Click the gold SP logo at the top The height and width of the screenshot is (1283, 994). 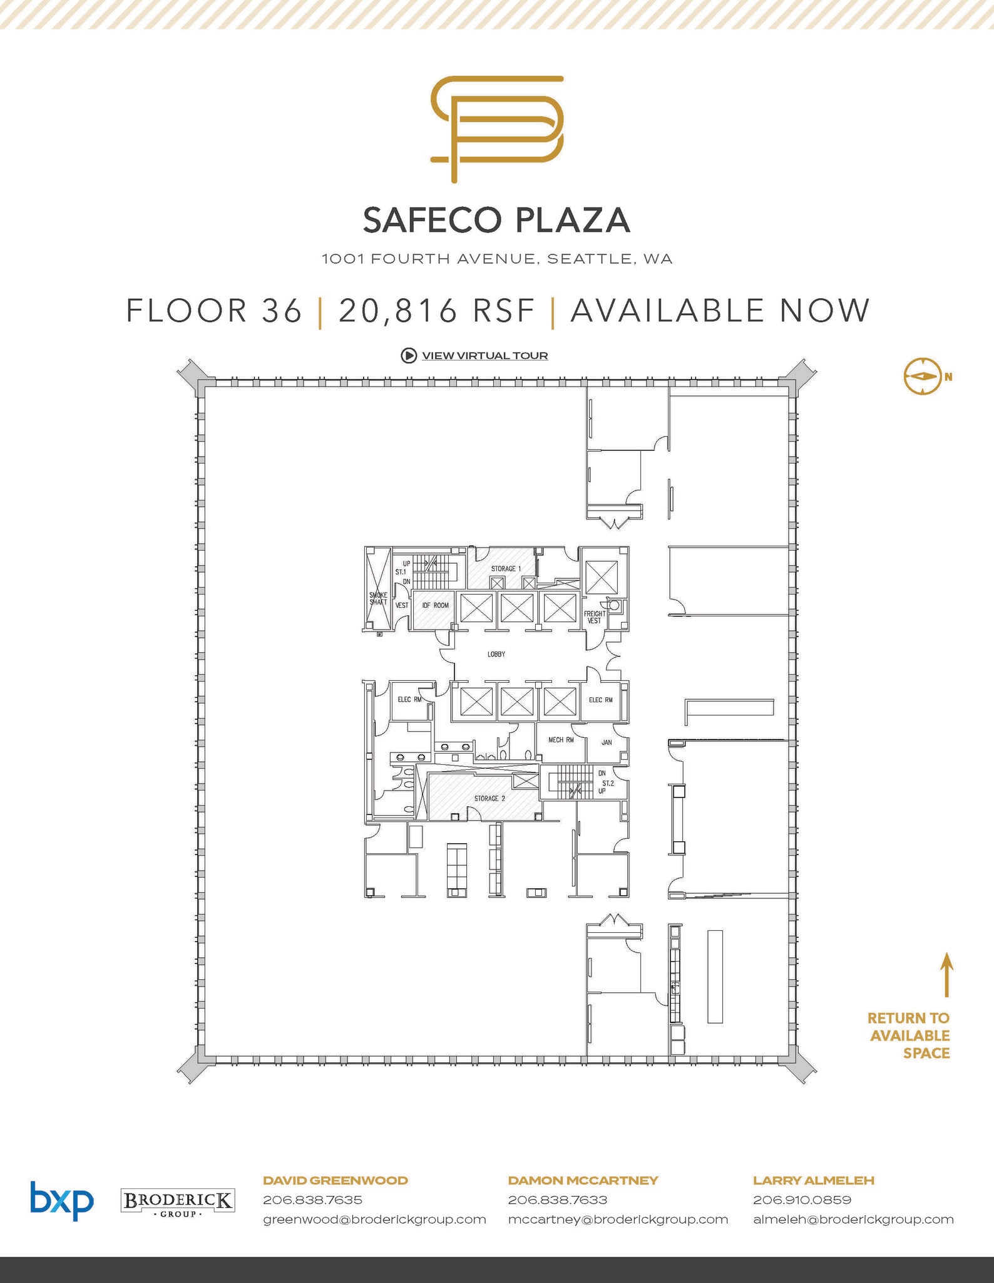point(498,128)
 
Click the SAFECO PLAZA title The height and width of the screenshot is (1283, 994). point(496,220)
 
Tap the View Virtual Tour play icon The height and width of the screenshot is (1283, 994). point(408,356)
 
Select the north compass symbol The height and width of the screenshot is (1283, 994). point(922,377)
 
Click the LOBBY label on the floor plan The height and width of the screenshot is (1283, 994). point(496,654)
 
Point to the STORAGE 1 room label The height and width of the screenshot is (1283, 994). point(506,569)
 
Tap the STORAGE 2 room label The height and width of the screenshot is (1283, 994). point(489,799)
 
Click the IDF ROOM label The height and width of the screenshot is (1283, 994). point(436,605)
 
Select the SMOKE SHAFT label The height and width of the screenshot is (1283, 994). point(378,598)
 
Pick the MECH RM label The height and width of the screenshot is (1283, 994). point(561,740)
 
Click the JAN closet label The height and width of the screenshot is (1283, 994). point(607,742)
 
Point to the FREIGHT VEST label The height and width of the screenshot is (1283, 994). point(595,617)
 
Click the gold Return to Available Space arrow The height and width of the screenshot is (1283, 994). point(947,974)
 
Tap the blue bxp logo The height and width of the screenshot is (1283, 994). point(62,1200)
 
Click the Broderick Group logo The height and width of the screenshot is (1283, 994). point(177,1202)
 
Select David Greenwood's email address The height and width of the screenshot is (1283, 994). point(374,1219)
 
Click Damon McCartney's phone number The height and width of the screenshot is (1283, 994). point(558,1200)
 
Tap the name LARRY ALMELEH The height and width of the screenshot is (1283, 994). point(814,1180)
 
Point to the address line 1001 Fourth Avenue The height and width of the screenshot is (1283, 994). point(497,259)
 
